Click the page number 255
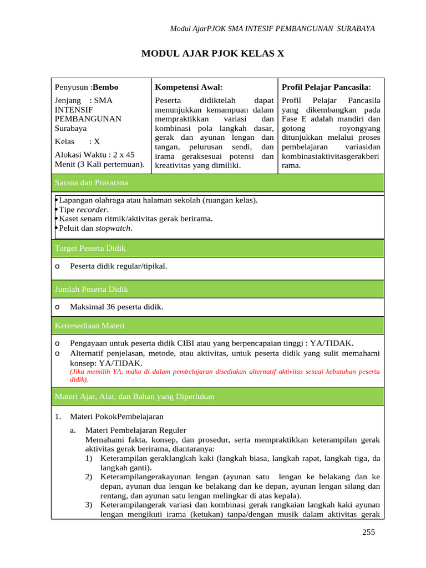click(x=368, y=532)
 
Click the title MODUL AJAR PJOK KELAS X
click(x=213, y=54)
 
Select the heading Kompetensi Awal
click(x=189, y=87)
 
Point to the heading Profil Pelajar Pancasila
click(x=326, y=87)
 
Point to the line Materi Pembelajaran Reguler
click(x=135, y=430)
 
